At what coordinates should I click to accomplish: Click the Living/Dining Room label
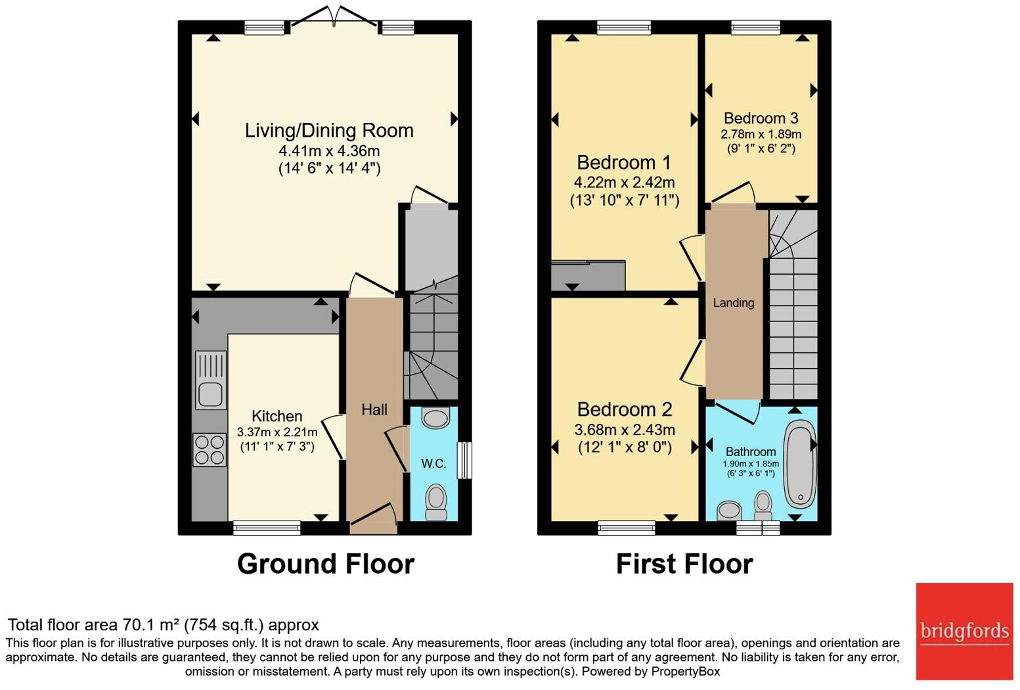point(329,130)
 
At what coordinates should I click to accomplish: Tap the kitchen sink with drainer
point(211,380)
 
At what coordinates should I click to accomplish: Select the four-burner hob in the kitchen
point(210,450)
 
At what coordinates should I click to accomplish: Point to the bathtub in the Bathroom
point(799,463)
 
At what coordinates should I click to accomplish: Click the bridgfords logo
point(964,632)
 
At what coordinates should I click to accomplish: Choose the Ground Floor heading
point(326,564)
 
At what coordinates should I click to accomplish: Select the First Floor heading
point(684,564)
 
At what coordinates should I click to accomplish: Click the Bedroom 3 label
point(761,118)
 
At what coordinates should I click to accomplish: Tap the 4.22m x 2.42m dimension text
point(624,183)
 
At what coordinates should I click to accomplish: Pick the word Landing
point(734,303)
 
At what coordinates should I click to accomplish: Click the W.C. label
point(433,463)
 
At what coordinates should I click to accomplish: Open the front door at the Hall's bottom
point(373,516)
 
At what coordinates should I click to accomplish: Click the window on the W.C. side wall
point(465,460)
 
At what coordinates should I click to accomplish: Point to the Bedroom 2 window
point(627,528)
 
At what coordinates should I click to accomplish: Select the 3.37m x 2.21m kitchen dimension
point(277,432)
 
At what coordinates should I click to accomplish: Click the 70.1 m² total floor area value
point(152,624)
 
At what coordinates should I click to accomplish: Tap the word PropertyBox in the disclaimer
point(685,671)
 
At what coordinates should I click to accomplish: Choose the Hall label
point(374,409)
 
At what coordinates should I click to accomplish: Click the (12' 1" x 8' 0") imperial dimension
point(625,448)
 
